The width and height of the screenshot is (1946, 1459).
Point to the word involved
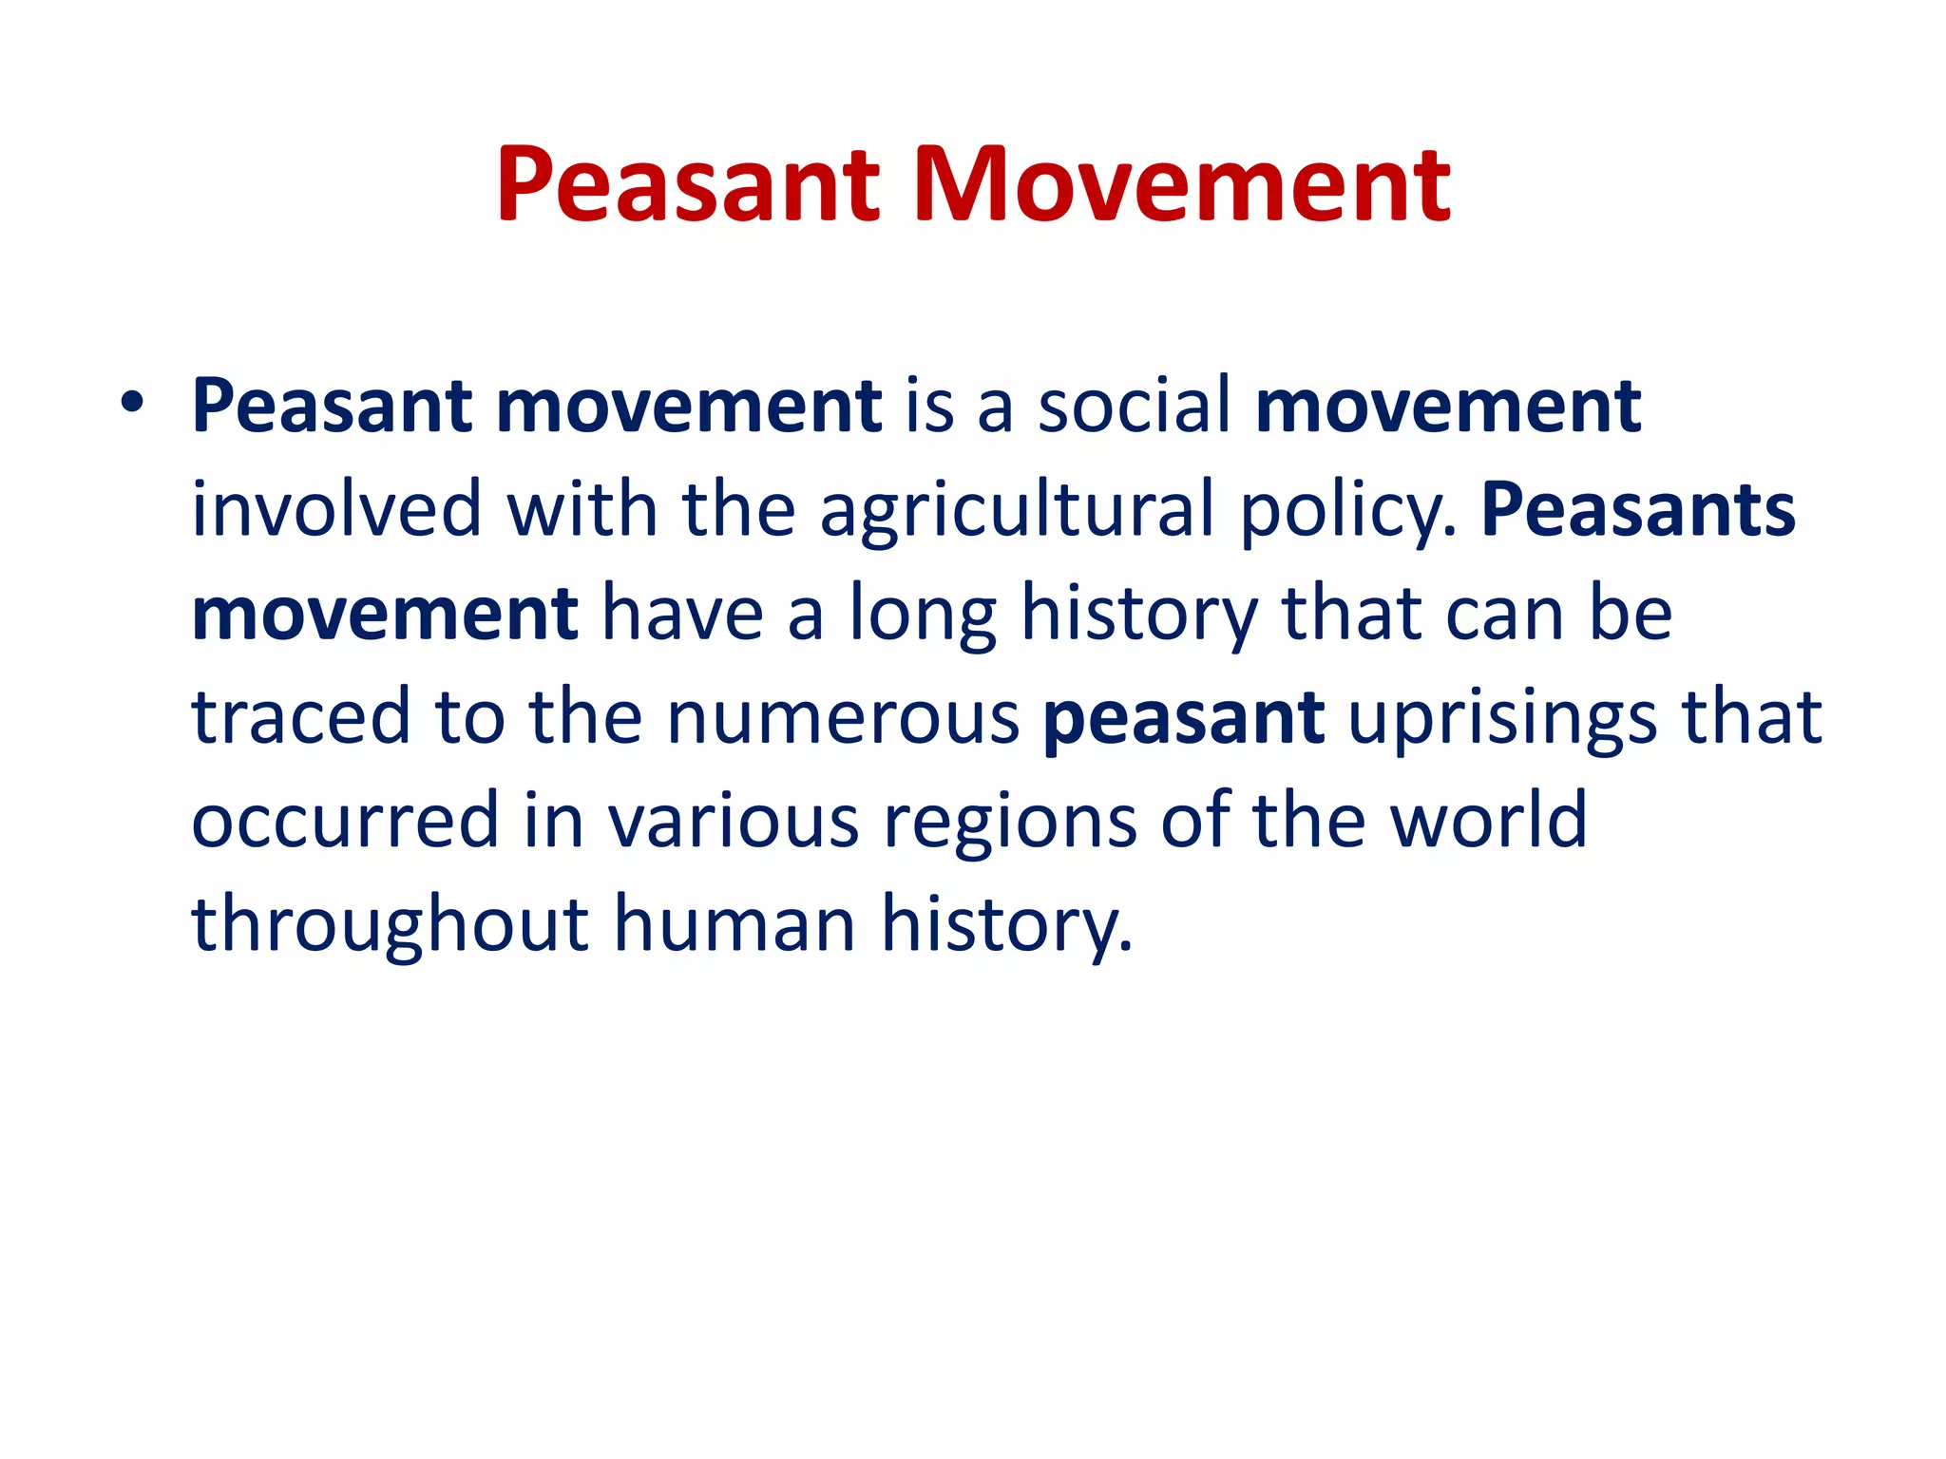336,510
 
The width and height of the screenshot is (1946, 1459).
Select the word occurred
345,822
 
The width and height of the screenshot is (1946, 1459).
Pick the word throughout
390,926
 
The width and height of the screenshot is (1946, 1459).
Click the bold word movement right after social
1448,407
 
